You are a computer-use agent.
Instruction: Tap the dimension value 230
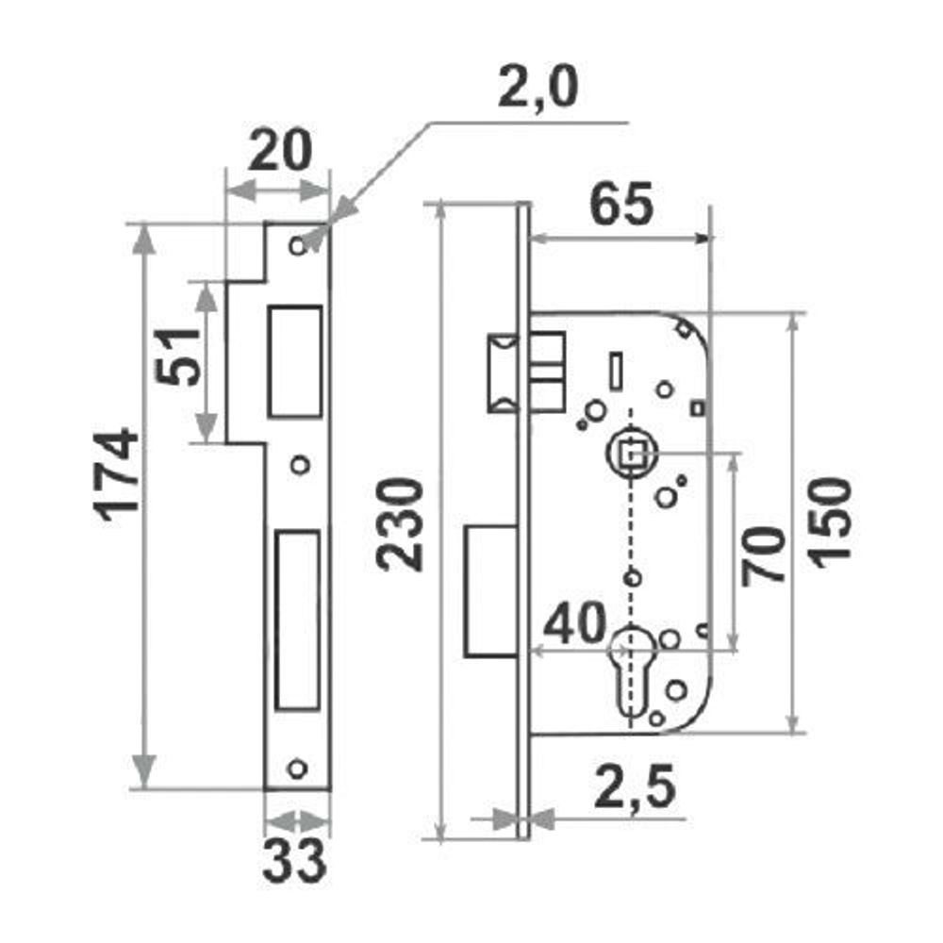point(399,523)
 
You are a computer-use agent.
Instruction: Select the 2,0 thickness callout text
point(538,87)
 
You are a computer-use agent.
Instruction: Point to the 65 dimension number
point(621,204)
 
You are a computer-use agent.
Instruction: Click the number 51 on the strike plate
point(177,356)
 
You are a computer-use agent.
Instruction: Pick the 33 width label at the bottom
point(294,863)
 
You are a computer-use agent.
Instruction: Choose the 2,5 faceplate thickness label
point(634,787)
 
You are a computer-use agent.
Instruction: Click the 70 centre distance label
point(763,555)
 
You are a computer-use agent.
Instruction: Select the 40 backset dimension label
point(574,622)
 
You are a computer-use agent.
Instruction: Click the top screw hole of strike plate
point(298,246)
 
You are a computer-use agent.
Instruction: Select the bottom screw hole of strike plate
point(298,769)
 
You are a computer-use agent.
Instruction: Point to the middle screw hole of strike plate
point(300,465)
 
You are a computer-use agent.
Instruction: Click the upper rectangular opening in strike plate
point(295,361)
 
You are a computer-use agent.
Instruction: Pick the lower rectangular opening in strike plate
point(297,620)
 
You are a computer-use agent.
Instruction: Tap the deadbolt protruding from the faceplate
point(490,591)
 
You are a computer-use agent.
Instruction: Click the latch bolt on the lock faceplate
point(503,372)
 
